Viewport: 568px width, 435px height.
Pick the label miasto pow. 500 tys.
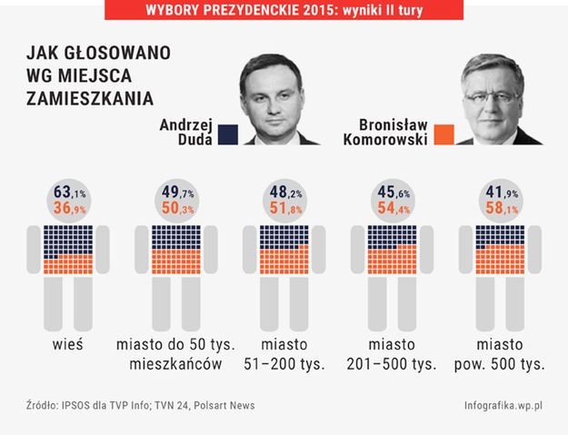click(x=499, y=355)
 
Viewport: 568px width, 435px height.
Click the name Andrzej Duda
click(x=185, y=133)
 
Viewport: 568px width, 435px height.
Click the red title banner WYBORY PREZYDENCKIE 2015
click(x=284, y=10)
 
